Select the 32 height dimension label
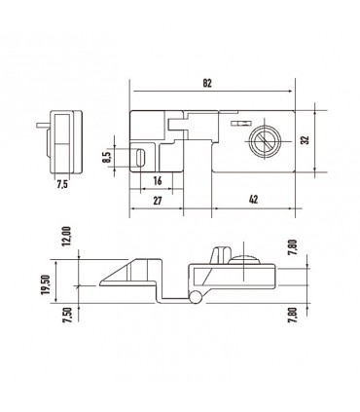[305, 140]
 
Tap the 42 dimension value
[252, 199]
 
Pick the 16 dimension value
[156, 181]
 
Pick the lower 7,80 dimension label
[293, 313]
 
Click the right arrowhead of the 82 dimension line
[290, 93]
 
